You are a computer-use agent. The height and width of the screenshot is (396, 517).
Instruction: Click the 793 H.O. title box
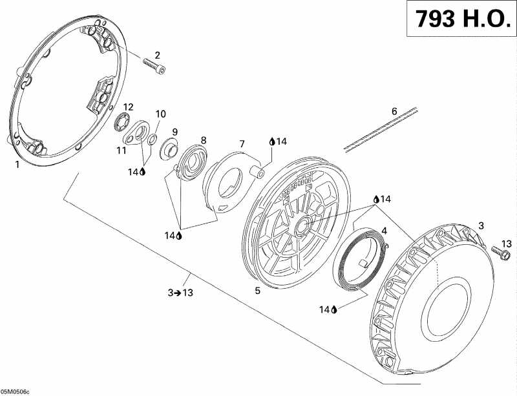coord(461,19)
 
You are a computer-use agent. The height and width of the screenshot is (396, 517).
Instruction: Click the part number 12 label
coord(128,107)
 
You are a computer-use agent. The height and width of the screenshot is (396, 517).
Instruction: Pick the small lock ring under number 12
coord(121,121)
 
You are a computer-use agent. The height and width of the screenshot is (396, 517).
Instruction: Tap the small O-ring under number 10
coord(152,140)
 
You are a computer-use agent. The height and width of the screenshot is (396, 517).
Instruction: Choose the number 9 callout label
coord(174,132)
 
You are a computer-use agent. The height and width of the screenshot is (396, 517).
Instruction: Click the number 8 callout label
coord(204,140)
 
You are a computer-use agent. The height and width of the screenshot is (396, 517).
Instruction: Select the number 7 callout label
coord(242,144)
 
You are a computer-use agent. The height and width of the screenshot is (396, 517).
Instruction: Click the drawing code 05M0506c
coord(14,391)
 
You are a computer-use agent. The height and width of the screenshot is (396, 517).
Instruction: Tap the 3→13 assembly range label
coord(180,293)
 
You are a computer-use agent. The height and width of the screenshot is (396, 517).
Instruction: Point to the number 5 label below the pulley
coord(257,291)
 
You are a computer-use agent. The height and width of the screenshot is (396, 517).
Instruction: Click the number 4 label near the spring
coord(384,231)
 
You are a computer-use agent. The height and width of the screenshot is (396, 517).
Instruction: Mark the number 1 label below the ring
coord(17,164)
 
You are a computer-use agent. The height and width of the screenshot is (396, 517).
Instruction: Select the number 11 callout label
coord(121,151)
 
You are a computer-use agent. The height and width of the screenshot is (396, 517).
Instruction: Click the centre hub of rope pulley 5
coord(302,226)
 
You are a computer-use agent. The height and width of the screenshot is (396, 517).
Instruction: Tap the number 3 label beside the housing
coord(481,226)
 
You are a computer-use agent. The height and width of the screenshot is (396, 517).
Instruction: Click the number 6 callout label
coord(394,111)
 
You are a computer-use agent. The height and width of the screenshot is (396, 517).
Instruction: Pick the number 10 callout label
coord(160,114)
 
